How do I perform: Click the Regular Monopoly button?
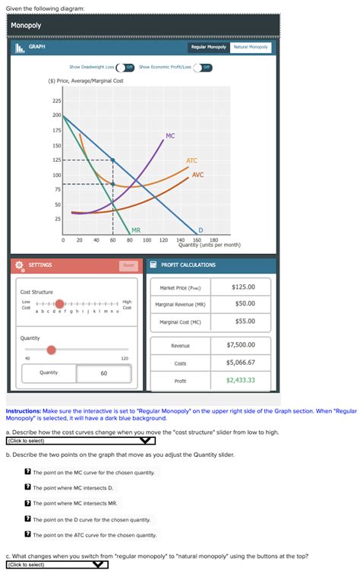click(x=209, y=47)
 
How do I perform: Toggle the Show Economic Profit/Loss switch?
click(x=204, y=67)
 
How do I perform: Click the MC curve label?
click(x=170, y=136)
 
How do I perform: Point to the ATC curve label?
click(x=191, y=160)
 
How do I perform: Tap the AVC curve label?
click(x=197, y=175)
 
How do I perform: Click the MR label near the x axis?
click(x=135, y=230)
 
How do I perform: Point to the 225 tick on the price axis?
click(x=57, y=101)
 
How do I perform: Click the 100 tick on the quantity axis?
click(x=146, y=239)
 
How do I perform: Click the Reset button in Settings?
click(x=128, y=265)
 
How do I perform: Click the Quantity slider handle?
click(x=51, y=350)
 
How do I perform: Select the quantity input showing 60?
click(x=103, y=373)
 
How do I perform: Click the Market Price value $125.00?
click(x=243, y=287)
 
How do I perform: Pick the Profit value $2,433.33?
click(x=241, y=380)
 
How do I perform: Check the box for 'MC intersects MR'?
click(x=27, y=503)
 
